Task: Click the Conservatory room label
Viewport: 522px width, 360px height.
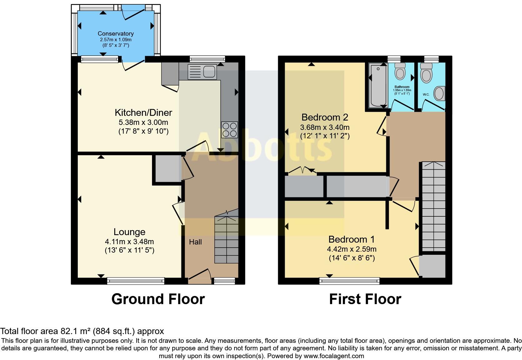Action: pyautogui.click(x=116, y=33)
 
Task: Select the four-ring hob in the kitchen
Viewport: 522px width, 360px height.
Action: pyautogui.click(x=229, y=130)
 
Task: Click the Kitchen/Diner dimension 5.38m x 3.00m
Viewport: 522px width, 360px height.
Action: pyautogui.click(x=143, y=122)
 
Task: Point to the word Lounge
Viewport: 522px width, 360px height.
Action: pyautogui.click(x=129, y=232)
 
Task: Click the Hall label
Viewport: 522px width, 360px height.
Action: pyautogui.click(x=195, y=242)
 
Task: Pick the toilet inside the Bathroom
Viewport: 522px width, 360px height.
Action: pyautogui.click(x=400, y=72)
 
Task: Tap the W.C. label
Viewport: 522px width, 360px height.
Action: pyautogui.click(x=426, y=94)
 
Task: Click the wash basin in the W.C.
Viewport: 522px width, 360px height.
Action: pyautogui.click(x=440, y=93)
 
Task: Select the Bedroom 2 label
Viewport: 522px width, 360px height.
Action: pyautogui.click(x=325, y=117)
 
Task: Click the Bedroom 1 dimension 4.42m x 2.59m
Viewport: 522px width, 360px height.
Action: pyautogui.click(x=352, y=249)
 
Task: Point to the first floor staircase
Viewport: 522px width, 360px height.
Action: pyautogui.click(x=433, y=206)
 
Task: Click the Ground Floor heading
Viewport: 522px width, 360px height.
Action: pyautogui.click(x=158, y=299)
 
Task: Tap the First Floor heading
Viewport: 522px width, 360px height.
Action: pyautogui.click(x=365, y=299)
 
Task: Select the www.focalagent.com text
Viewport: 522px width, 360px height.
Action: pyautogui.click(x=334, y=356)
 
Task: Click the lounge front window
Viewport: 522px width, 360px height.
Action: pyautogui.click(x=136, y=281)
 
